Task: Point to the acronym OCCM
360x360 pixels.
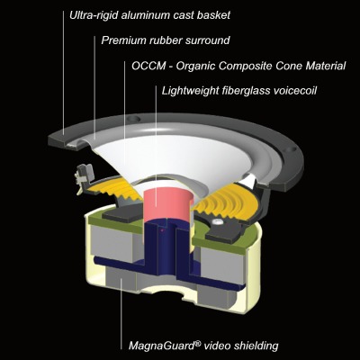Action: coord(148,66)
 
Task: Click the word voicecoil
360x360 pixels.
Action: coord(295,90)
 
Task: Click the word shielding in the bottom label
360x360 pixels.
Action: coord(256,346)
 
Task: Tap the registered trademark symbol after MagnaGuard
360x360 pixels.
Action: coord(198,343)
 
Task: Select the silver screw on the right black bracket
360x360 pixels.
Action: coord(216,221)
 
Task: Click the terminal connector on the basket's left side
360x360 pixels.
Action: coord(85,175)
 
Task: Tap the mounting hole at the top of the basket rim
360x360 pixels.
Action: coord(134,119)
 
